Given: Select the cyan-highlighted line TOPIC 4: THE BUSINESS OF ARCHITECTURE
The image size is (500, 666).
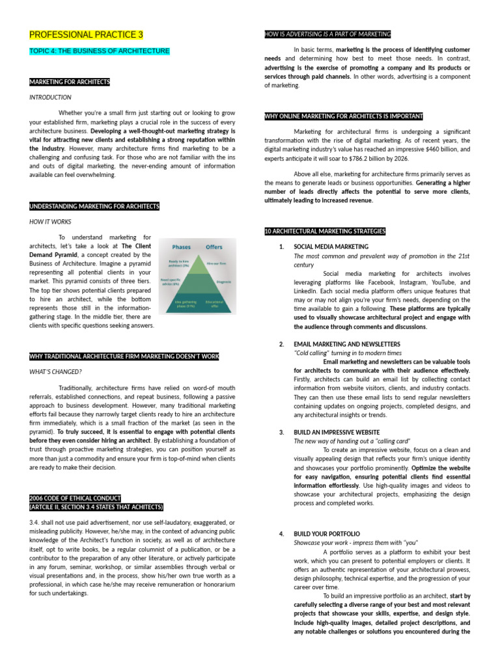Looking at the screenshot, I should coord(100,51).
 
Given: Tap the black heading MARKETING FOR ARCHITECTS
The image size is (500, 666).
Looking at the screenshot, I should coord(70,82).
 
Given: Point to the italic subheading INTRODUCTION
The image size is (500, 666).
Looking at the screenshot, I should coord(50,98).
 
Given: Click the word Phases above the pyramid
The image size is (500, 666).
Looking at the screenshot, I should coord(181,247).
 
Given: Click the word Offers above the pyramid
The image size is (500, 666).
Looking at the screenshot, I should coord(214,247).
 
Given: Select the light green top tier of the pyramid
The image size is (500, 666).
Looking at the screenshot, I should coord(198,265).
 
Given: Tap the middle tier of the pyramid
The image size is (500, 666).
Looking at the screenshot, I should coord(198,282).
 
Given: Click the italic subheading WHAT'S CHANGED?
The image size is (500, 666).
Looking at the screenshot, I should coord(55,371).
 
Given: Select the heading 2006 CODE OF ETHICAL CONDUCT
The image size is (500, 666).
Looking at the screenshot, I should coord(76,498).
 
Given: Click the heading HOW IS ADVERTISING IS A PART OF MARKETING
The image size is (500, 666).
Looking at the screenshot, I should coord(327,34).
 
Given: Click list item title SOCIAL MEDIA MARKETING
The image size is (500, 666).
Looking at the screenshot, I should coord(331,247).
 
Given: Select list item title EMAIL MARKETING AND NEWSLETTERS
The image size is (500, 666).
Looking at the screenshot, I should coord(347,344).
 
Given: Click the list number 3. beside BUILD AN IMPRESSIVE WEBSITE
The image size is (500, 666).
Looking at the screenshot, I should coord(281,432).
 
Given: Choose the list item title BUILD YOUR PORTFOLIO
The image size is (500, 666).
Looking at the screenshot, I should coord(327,533).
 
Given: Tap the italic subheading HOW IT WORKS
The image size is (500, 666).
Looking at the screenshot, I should coord(50,222).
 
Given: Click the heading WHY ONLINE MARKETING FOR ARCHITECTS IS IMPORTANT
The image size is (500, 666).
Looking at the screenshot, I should coord(344,116).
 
